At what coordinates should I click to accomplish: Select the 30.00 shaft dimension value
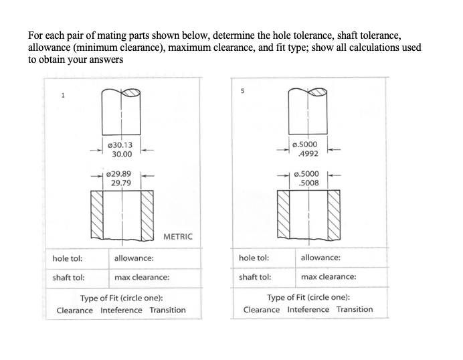click(x=122, y=154)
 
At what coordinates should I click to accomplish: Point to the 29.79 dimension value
click(x=121, y=182)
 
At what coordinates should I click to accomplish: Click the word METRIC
click(x=177, y=237)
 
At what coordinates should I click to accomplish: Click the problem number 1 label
click(x=63, y=95)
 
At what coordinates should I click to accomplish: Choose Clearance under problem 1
click(x=75, y=310)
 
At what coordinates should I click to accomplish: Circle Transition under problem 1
click(x=167, y=310)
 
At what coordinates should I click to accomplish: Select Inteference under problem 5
click(x=308, y=309)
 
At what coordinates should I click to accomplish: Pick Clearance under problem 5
click(x=262, y=309)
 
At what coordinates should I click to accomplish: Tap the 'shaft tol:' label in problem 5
click(x=255, y=276)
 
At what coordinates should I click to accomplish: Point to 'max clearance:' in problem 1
click(x=142, y=277)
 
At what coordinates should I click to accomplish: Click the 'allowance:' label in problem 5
click(x=320, y=258)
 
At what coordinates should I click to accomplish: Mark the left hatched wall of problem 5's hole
click(x=284, y=213)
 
